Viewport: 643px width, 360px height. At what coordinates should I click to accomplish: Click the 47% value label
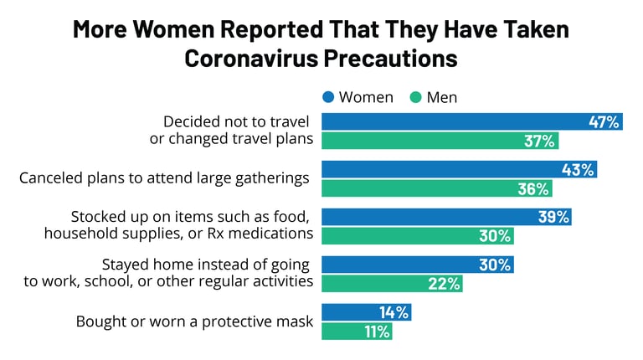[603, 121]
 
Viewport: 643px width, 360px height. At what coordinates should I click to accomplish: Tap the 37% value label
[540, 141]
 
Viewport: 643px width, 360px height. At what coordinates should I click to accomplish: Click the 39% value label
[553, 217]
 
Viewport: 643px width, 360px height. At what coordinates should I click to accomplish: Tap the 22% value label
[445, 284]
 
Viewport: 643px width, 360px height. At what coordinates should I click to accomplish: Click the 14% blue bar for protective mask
[366, 312]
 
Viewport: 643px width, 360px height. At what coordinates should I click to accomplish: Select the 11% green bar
[358, 332]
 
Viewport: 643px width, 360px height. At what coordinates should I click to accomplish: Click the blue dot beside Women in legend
[328, 97]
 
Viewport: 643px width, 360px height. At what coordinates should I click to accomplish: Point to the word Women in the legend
[366, 97]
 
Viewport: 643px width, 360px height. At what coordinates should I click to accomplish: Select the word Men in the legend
[442, 97]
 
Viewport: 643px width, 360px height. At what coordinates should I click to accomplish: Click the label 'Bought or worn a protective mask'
[194, 321]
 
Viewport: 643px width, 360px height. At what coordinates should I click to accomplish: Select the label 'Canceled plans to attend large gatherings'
[164, 178]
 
